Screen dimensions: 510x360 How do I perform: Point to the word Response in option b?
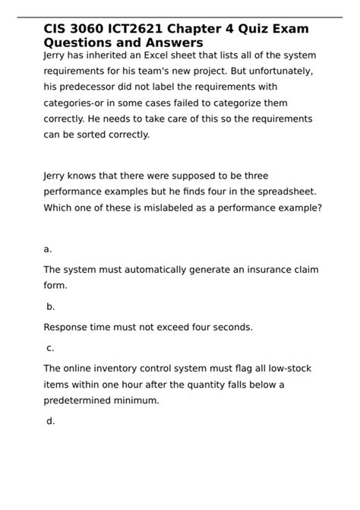pyautogui.click(x=68, y=328)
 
